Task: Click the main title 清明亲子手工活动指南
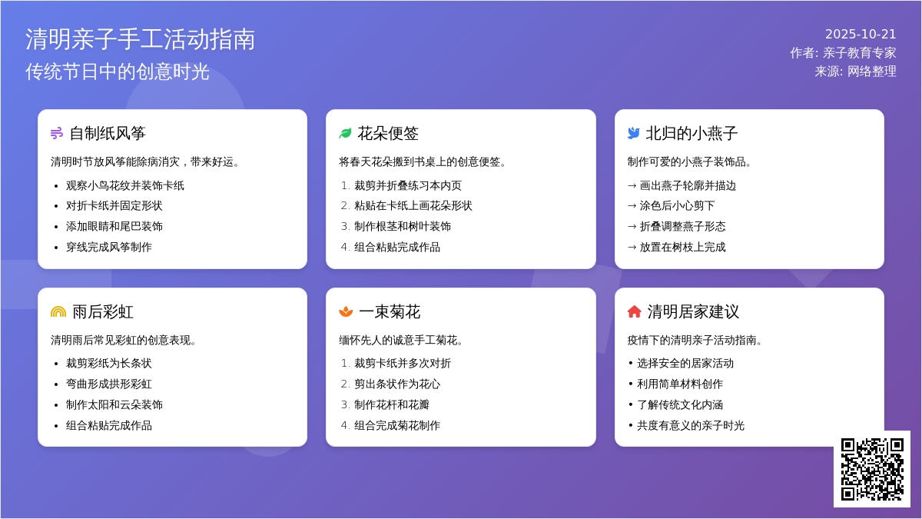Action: point(141,39)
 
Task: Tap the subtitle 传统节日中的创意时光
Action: point(118,72)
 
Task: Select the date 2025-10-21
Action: point(861,34)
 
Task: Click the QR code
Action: point(872,469)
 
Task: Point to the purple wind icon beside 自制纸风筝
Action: point(57,133)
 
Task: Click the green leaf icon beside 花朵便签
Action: point(345,133)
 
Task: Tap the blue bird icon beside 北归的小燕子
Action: point(634,133)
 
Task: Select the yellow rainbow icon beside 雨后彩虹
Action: point(58,312)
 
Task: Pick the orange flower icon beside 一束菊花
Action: point(346,312)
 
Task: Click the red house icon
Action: point(635,312)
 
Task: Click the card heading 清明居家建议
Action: point(694,312)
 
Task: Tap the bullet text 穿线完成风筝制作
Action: point(109,247)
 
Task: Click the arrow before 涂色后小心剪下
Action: point(632,206)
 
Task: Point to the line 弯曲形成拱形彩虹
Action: point(109,384)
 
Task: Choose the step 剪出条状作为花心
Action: point(397,384)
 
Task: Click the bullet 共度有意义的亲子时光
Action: point(691,425)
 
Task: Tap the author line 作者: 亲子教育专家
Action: point(843,53)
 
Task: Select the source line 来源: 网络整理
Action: point(855,72)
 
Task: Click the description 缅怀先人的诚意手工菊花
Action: point(401,340)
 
